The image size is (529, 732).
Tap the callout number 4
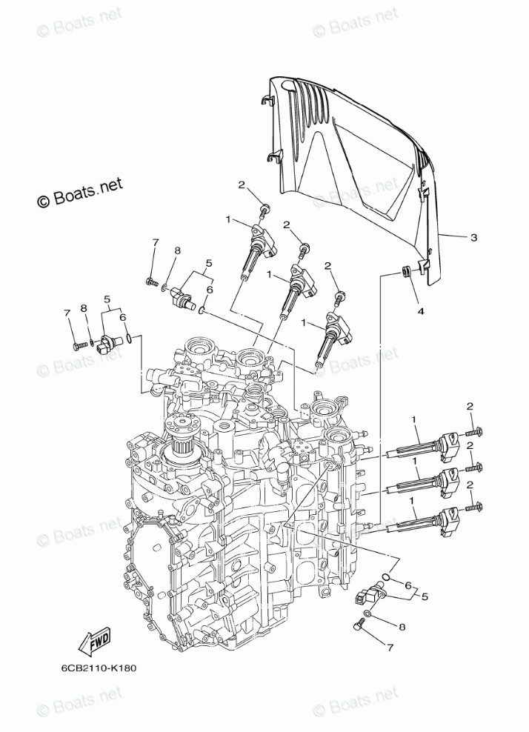420,311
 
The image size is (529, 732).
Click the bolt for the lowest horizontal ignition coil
475,509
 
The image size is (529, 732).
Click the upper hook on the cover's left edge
270,100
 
